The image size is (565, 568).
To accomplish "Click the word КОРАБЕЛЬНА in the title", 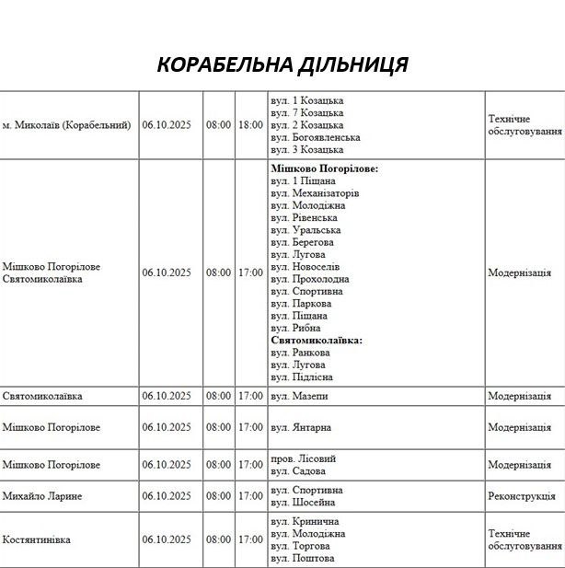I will (224, 65).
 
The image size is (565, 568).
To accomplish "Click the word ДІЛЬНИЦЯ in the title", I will (353, 65).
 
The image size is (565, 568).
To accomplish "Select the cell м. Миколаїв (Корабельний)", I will (66, 124).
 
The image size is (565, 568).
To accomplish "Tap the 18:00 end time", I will (249, 124).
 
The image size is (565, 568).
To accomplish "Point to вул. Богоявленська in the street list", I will (316, 137).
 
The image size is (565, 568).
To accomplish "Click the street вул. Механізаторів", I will (315, 193).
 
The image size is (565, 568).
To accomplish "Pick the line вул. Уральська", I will (306, 230).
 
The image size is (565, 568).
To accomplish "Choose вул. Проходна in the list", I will (310, 279).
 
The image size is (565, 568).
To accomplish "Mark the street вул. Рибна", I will (296, 328).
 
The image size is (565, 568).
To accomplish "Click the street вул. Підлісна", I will (302, 377).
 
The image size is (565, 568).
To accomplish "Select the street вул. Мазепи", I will (299, 396).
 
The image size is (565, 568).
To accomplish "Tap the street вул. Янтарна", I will (301, 427).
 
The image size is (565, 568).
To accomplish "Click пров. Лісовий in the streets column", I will (304, 458).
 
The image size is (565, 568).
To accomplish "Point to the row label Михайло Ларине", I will (42, 496).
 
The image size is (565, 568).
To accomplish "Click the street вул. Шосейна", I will (303, 503).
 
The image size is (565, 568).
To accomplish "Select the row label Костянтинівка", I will (37, 539).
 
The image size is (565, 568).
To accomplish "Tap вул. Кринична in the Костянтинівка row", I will (305, 522).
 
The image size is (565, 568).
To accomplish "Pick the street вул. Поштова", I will (303, 558).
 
